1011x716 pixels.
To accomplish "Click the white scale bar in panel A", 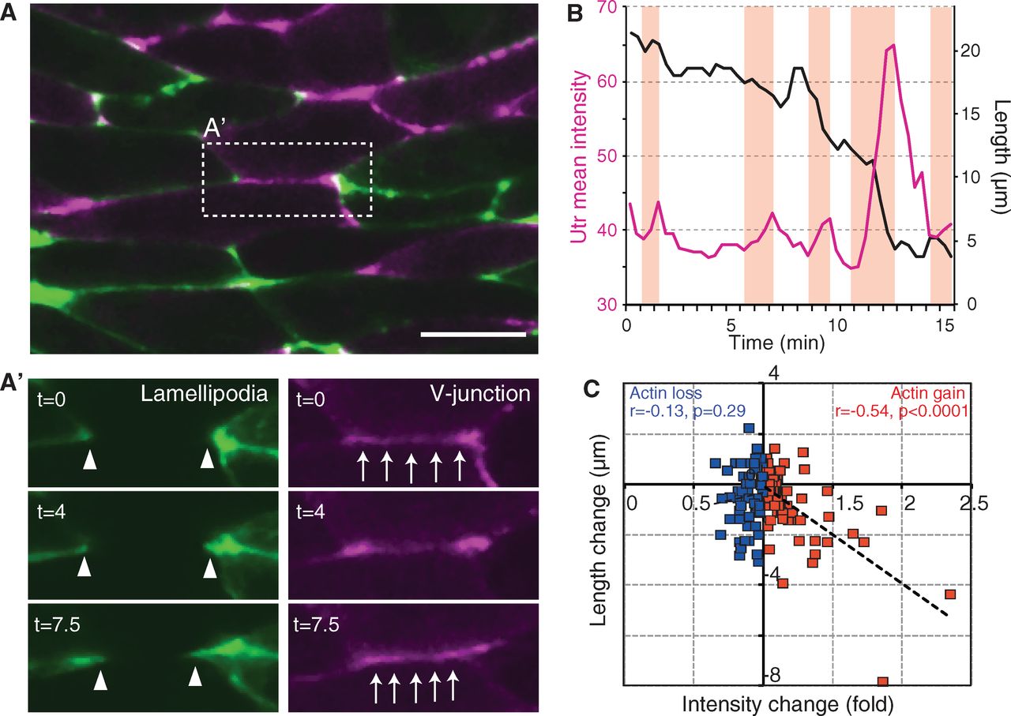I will pyautogui.click(x=473, y=334).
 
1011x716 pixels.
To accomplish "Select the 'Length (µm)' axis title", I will pyautogui.click(x=998, y=156).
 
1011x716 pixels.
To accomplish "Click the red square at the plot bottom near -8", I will pyautogui.click(x=882, y=681).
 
